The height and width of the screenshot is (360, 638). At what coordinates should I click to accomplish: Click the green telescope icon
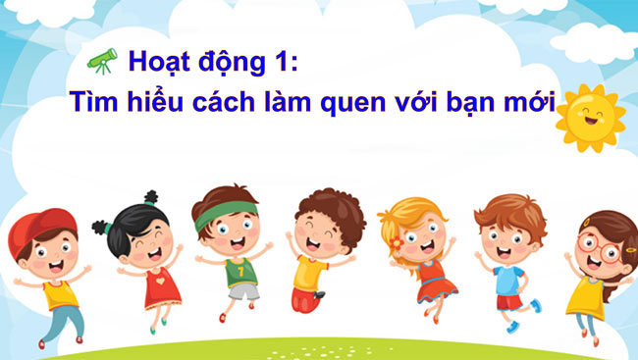coord(102,60)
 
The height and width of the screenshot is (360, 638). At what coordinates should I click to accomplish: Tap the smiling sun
coord(590,118)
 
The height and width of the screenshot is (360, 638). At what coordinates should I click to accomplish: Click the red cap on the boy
coord(35,229)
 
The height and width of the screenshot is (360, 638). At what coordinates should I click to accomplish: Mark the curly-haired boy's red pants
coord(306,300)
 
